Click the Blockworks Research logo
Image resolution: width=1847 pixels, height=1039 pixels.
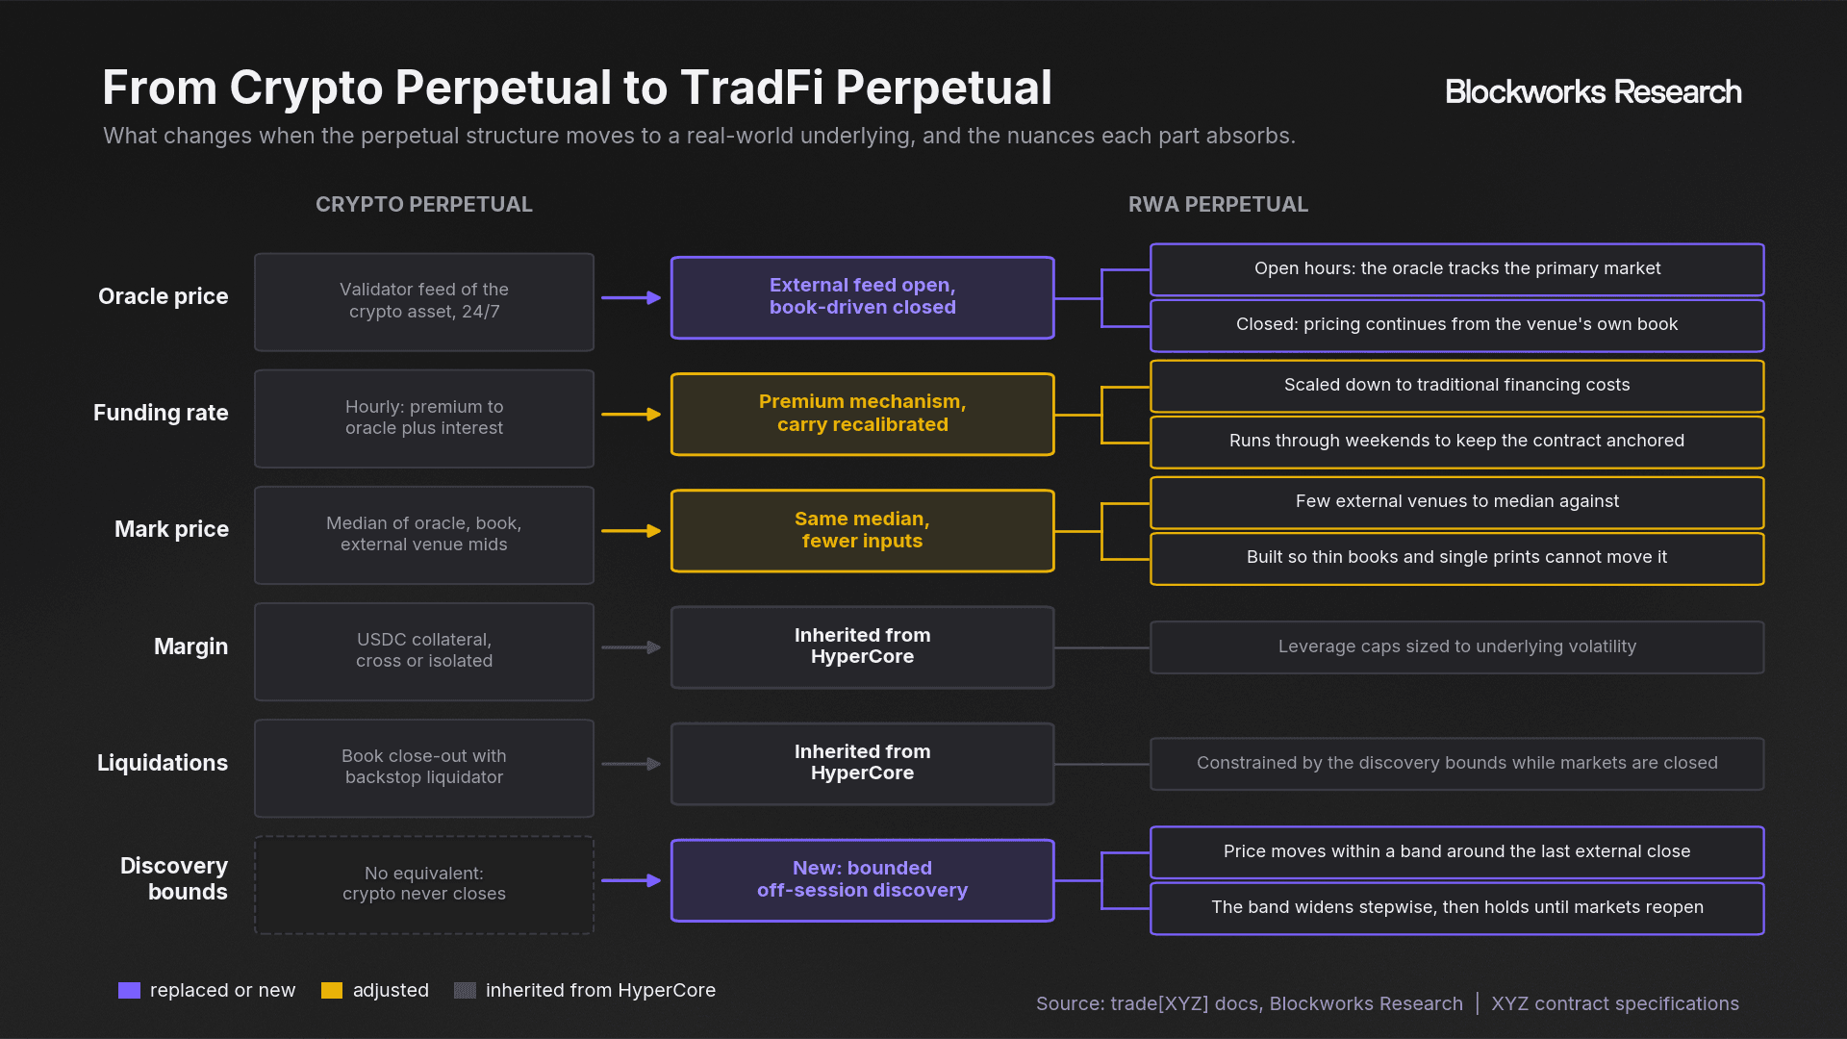click(x=1593, y=91)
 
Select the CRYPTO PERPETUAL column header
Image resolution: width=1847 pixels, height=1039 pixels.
click(x=423, y=204)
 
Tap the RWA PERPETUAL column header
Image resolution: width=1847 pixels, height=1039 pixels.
click(x=1218, y=204)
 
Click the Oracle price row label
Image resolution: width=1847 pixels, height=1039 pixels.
click(x=164, y=296)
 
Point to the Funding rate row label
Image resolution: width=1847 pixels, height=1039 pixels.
click(x=161, y=413)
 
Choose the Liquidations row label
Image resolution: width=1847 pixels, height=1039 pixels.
click(x=163, y=763)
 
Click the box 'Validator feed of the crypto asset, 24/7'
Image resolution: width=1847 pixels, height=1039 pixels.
click(x=424, y=302)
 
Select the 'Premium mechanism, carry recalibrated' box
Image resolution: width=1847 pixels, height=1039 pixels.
click(x=863, y=414)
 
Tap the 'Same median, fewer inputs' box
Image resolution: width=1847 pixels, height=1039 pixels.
click(x=863, y=531)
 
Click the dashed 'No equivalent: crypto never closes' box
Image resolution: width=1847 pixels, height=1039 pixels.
click(x=424, y=884)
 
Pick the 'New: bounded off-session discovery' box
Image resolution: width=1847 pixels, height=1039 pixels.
click(x=863, y=880)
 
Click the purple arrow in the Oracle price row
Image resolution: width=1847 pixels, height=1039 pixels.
click(x=631, y=298)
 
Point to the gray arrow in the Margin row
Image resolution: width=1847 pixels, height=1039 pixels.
click(x=631, y=647)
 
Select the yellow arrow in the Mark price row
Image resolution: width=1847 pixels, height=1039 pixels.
click(x=631, y=531)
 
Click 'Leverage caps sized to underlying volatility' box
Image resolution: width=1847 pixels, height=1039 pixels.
click(x=1457, y=647)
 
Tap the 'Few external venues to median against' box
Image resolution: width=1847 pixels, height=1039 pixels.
click(x=1457, y=502)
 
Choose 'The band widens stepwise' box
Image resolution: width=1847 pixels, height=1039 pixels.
click(x=1457, y=908)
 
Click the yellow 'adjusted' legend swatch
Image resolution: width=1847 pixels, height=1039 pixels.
click(x=332, y=991)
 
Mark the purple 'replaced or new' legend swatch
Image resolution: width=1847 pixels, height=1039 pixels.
click(x=129, y=991)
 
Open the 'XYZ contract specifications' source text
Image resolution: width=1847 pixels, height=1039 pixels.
click(x=1615, y=1003)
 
